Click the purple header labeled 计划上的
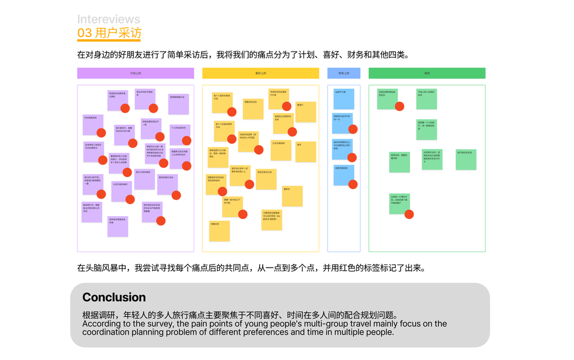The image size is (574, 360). point(136,73)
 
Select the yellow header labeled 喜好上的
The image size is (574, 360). point(260,73)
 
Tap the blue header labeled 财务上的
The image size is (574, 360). point(344,73)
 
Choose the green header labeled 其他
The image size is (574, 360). point(426,73)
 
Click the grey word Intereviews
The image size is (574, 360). point(109,20)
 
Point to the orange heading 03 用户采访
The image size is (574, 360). point(109,33)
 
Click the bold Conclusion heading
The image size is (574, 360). point(114,298)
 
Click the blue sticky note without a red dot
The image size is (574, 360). point(344,99)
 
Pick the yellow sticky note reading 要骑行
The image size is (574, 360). point(305,112)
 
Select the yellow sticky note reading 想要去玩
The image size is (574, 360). point(220,231)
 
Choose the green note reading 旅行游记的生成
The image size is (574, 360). point(465,160)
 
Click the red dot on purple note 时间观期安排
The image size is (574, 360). point(101,133)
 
